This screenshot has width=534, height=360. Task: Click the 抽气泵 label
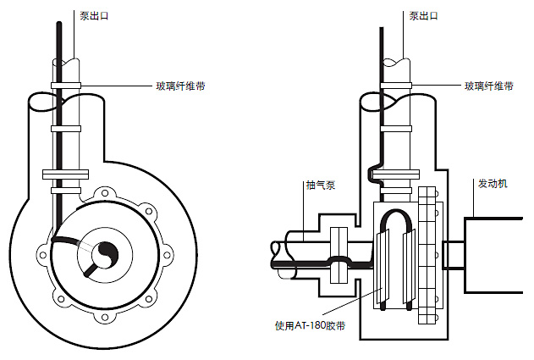click(x=322, y=185)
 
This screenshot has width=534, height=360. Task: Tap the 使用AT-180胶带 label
click(x=306, y=324)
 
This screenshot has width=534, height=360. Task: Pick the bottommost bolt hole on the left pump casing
click(x=106, y=316)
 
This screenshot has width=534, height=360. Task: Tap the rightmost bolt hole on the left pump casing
click(x=169, y=252)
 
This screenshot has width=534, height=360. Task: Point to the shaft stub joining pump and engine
click(x=453, y=252)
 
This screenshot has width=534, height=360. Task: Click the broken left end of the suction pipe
click(x=275, y=252)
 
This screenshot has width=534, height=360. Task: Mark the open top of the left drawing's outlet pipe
click(x=66, y=64)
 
